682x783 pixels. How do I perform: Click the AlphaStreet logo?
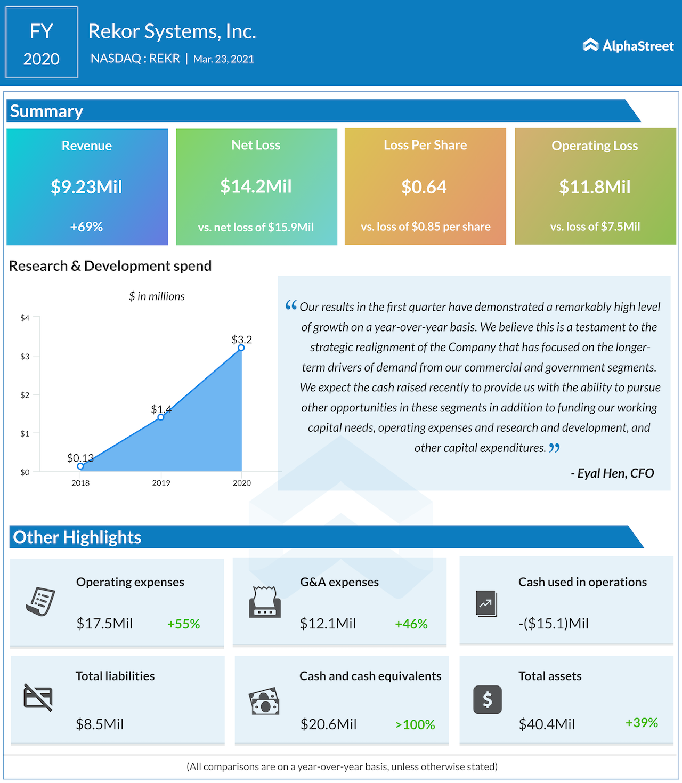pyautogui.click(x=628, y=46)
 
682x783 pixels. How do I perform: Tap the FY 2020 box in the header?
pyautogui.click(x=42, y=43)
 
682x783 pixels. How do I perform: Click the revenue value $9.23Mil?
pyautogui.click(x=87, y=187)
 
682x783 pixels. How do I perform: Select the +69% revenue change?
pyautogui.click(x=86, y=227)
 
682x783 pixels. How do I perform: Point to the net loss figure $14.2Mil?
pyautogui.click(x=256, y=187)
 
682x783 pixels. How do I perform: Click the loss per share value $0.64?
pyautogui.click(x=424, y=187)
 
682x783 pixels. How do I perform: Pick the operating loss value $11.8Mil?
pyautogui.click(x=595, y=187)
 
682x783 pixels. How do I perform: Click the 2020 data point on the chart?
pyautogui.click(x=241, y=348)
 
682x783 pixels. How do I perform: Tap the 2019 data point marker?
pyautogui.click(x=161, y=417)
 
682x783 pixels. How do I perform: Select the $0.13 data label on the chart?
pyautogui.click(x=80, y=458)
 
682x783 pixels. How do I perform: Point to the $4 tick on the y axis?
pyautogui.click(x=25, y=318)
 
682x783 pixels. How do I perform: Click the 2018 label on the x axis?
pyautogui.click(x=80, y=483)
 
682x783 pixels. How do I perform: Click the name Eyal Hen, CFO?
pyautogui.click(x=613, y=473)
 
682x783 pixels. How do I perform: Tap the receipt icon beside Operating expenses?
pyautogui.click(x=40, y=602)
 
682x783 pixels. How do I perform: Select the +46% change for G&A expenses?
pyautogui.click(x=411, y=624)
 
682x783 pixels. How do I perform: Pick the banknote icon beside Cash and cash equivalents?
pyautogui.click(x=264, y=701)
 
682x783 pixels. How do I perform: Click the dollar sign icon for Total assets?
pyautogui.click(x=488, y=700)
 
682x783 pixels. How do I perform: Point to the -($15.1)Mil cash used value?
pyautogui.click(x=554, y=624)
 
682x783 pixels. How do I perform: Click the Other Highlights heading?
pyautogui.click(x=77, y=537)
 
